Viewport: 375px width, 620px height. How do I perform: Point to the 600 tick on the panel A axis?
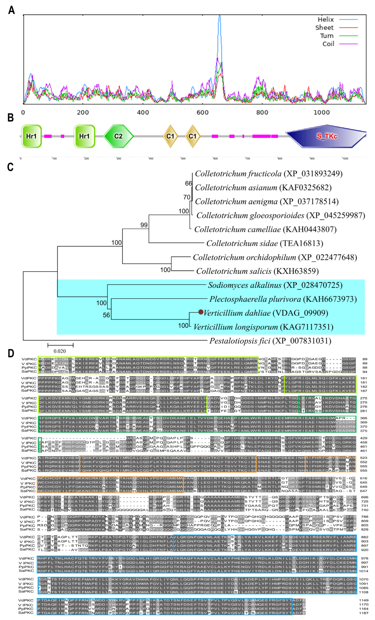202,112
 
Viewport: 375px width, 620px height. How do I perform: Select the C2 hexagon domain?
118,136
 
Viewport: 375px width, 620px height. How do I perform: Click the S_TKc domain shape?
326,136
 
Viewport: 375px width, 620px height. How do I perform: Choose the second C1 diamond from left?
192,136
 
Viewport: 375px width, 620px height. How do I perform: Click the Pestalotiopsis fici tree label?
270,341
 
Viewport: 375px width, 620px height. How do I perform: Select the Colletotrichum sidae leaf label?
265,243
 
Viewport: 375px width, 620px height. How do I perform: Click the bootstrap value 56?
106,315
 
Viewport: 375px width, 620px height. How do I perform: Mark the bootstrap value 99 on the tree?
144,225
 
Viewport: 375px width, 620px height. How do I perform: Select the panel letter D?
11,354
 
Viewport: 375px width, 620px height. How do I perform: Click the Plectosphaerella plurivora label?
283,299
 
